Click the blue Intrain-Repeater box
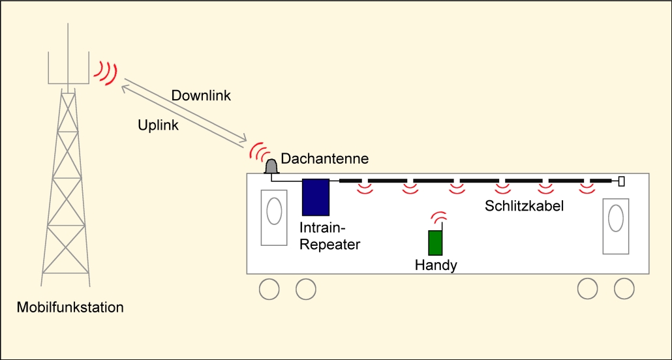(x=316, y=197)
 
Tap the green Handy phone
(x=435, y=243)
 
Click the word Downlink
(x=201, y=96)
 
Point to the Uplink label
(x=159, y=125)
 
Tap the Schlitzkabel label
(x=524, y=206)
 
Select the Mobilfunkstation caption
(x=71, y=307)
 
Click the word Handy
(x=436, y=265)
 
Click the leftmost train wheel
(x=268, y=288)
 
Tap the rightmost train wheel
(x=624, y=288)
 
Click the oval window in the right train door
(x=615, y=218)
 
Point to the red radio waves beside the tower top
(x=104, y=72)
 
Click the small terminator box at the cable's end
(x=621, y=181)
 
